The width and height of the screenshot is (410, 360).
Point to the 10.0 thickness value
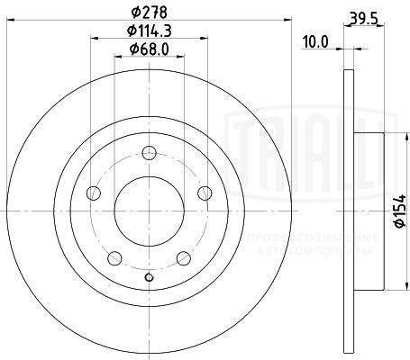[x=314, y=41]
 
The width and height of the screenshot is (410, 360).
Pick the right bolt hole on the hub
[x=205, y=191]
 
